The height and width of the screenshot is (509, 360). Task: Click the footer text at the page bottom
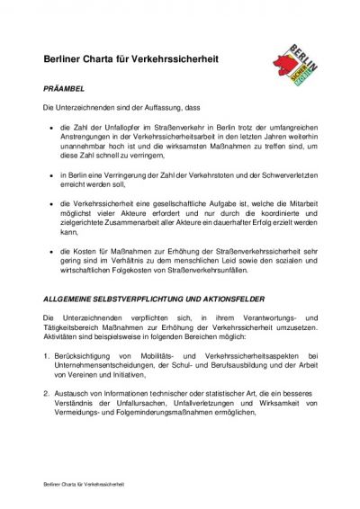pos(83,484)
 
